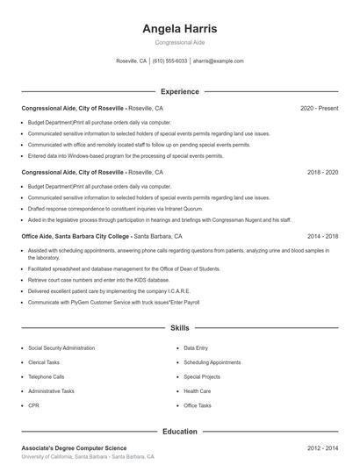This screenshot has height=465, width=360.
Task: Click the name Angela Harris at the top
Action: pos(180,29)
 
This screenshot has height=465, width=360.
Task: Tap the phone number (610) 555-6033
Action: pos(169,61)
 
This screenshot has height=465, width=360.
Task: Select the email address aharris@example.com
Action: pos(218,61)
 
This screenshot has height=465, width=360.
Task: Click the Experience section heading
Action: pos(180,91)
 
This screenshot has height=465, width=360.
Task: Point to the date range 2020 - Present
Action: pos(319,108)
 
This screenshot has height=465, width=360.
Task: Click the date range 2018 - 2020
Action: pos(322,172)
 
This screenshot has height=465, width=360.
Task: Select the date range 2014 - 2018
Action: pos(322,236)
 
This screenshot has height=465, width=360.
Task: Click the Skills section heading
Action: pos(180,328)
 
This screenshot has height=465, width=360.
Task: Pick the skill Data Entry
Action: pos(196,347)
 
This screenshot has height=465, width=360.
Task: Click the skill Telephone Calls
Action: pos(47,376)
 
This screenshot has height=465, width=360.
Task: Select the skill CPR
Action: pos(33,405)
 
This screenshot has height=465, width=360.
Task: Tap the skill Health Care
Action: pos(198,391)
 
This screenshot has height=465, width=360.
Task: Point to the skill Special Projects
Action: pos(202,376)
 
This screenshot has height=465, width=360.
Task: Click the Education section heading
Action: pos(180,431)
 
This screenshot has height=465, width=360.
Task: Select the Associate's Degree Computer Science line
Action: pos(74,448)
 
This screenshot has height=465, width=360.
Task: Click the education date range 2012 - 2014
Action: pos(322,448)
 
